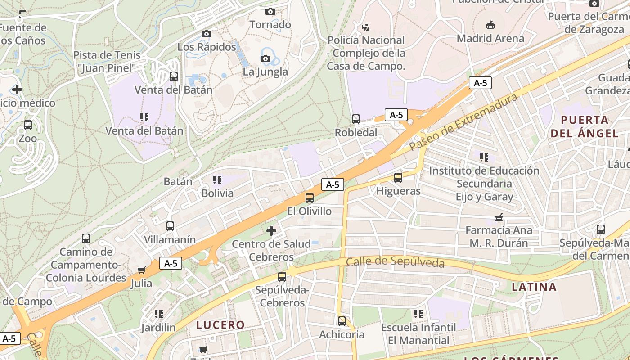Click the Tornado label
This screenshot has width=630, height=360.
pos(270,24)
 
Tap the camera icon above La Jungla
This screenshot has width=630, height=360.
pos(265,58)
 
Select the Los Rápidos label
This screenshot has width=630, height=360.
pos(207,47)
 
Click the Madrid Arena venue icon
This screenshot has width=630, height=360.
pos(490,25)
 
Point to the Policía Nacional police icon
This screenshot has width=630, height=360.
pos(365,27)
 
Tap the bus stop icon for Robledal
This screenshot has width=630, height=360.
pos(356,119)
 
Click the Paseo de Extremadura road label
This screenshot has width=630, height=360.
pos(463,122)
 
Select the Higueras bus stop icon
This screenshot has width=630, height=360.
pos(398,178)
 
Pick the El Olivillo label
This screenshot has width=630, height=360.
pos(309,211)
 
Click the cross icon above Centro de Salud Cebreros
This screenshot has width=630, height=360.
pos(271,231)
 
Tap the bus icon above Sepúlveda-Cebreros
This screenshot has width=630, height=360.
pos(282,277)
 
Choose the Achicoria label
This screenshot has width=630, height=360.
pos(342,334)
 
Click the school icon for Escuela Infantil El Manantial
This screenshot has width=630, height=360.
pos(418,314)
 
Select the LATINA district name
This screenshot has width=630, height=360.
pos(534,287)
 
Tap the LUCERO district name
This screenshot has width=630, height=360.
pos(220,324)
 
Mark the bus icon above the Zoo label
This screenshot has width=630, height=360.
pos(28,125)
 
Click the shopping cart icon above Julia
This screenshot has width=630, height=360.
pos(141,270)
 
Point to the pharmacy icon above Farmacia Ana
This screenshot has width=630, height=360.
pos(499,217)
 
